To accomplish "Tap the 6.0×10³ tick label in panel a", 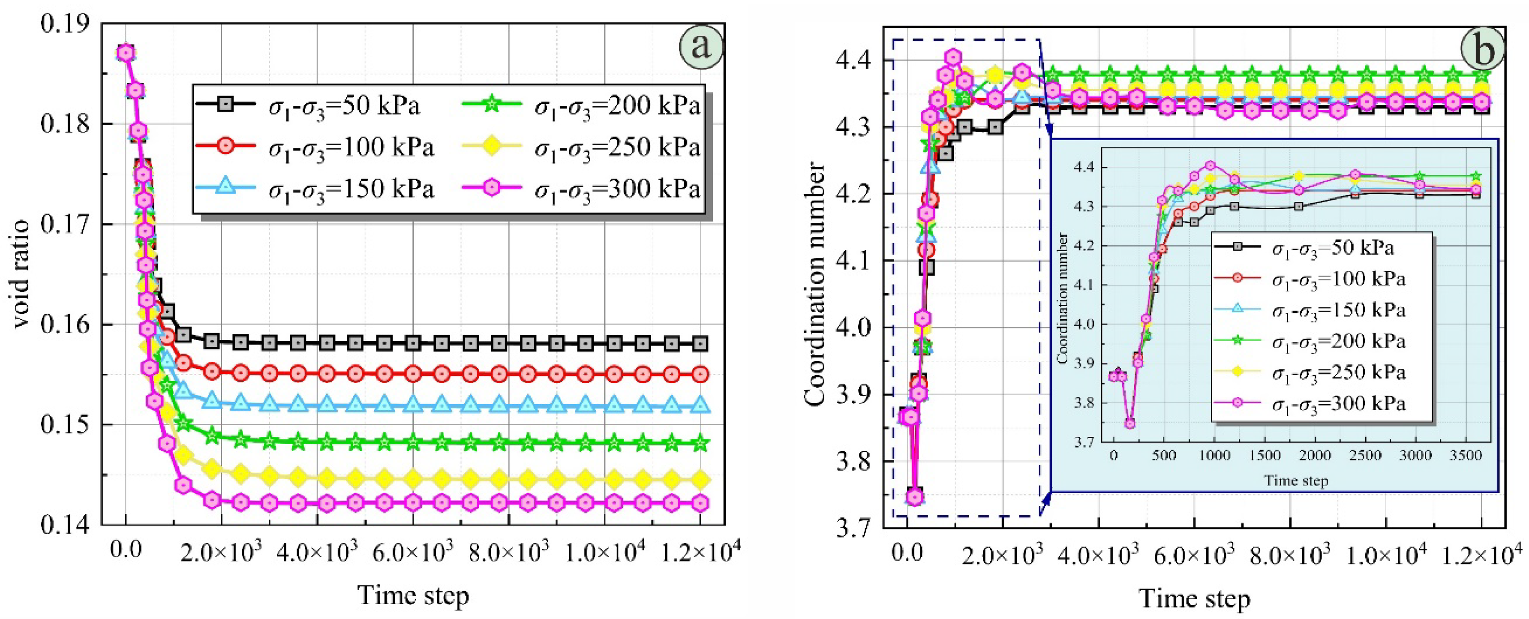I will tap(414, 552).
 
